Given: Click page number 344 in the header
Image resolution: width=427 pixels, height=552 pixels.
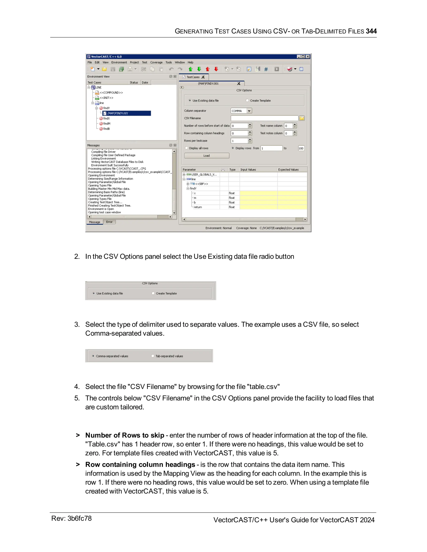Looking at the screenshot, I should pos(371,31).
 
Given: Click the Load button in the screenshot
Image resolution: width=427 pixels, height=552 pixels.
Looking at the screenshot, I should pos(206,156).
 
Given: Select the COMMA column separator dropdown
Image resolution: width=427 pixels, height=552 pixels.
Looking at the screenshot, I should pos(241,111).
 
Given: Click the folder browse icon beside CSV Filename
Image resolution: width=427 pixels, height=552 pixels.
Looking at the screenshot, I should pos(302,118).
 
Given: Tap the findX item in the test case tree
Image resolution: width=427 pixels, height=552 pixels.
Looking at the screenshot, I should pos(106,118).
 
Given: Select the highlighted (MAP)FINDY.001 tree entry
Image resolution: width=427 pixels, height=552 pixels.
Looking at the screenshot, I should pos(118,113).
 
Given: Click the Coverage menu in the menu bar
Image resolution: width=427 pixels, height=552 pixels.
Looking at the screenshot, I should pos(156,62).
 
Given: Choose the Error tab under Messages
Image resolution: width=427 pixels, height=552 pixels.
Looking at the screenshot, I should pos(109,222).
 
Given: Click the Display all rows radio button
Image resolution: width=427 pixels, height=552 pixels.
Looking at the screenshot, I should pos(186,148).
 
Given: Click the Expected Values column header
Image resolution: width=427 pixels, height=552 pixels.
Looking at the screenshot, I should pos(288,170).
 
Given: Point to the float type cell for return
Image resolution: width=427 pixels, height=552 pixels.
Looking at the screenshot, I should pos(232,207).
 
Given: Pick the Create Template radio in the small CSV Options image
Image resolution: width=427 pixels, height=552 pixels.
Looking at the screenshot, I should pos(153,293).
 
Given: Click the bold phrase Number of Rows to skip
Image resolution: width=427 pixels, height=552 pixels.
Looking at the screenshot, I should pos(125,435).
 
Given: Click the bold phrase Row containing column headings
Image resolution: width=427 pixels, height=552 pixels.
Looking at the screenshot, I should pos(140,465).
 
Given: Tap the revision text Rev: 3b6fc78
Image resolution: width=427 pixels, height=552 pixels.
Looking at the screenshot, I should pos(71,518).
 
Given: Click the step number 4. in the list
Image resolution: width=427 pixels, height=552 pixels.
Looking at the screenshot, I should pos(77,387).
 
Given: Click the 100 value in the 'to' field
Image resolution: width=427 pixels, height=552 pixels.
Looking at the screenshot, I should pos(301,148).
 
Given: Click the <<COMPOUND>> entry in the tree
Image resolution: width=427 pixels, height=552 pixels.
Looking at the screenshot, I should pos(111,92).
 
